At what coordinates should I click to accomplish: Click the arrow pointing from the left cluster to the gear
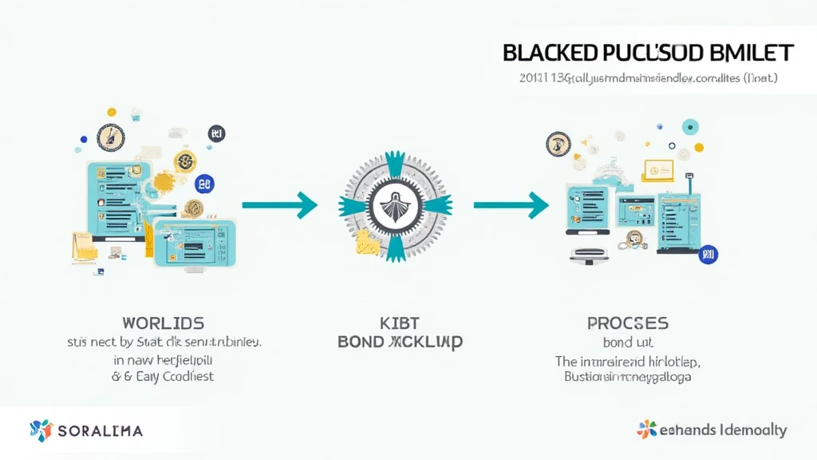click(x=279, y=205)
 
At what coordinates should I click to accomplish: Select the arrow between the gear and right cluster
click(x=511, y=205)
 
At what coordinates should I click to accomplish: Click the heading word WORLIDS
click(x=163, y=323)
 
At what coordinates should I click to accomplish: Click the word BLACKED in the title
click(x=551, y=54)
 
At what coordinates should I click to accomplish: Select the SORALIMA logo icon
click(x=41, y=430)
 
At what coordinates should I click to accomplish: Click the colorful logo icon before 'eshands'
click(x=646, y=429)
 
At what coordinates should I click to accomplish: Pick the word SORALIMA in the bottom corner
click(x=100, y=431)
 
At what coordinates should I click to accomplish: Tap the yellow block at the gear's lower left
click(x=366, y=242)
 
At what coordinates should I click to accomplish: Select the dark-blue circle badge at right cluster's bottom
click(x=707, y=255)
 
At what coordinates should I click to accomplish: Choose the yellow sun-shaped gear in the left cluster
click(x=164, y=183)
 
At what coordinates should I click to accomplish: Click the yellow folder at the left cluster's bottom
click(x=83, y=244)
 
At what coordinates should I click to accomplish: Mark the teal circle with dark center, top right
click(x=690, y=126)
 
